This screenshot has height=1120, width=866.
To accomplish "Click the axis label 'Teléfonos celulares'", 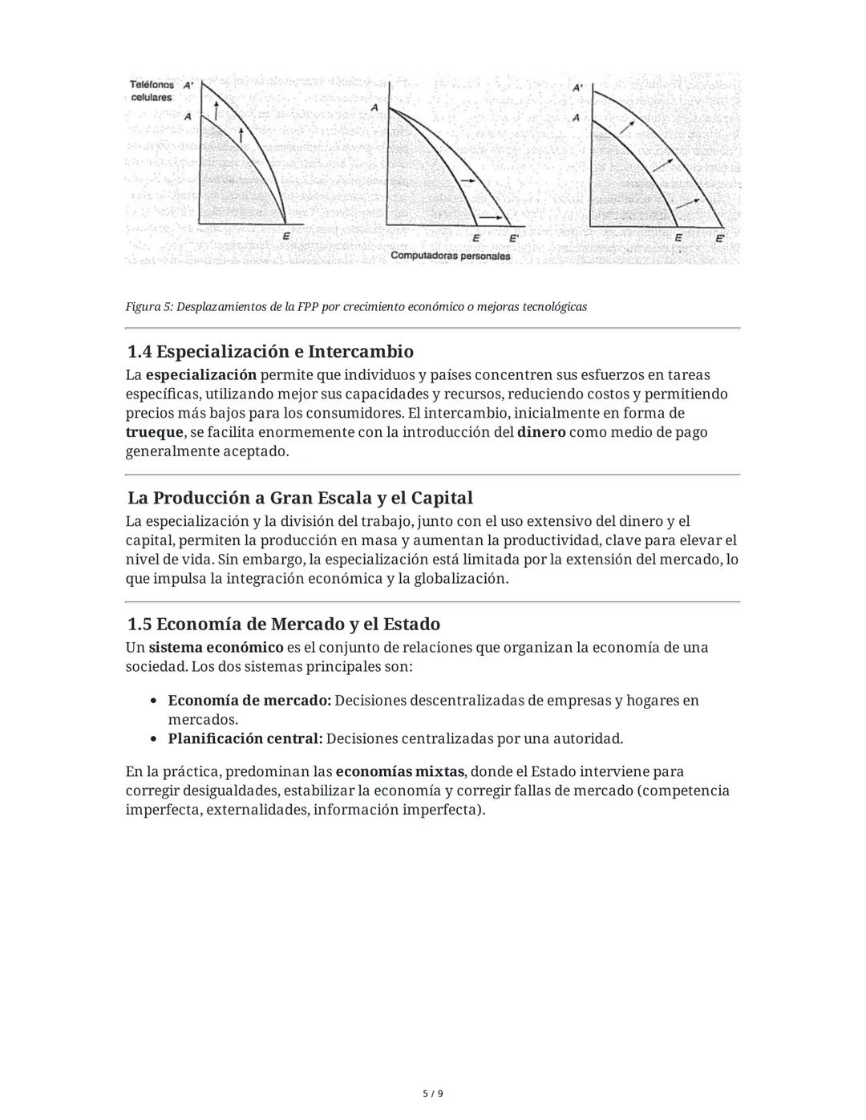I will [151, 91].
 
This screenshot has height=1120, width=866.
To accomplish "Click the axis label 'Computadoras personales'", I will [450, 257].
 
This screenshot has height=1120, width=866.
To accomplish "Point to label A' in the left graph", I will [188, 85].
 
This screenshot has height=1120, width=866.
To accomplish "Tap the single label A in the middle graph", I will [374, 107].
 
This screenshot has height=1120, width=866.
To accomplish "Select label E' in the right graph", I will [720, 238].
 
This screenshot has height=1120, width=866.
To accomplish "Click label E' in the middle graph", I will [514, 238].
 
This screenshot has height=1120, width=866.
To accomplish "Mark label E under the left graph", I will [286, 237].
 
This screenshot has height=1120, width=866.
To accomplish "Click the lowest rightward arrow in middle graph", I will [496, 217].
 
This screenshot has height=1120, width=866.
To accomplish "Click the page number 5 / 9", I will [433, 1094].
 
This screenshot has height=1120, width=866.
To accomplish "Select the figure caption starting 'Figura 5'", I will [356, 307].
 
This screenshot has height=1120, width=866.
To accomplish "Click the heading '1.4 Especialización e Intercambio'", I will [270, 351].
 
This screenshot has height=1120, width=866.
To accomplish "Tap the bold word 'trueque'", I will [154, 432].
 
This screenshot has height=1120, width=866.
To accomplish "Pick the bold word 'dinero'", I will [541, 432].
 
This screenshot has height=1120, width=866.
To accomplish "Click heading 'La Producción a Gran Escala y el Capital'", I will [300, 497].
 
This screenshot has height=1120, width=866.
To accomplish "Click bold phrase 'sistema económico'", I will [216, 647].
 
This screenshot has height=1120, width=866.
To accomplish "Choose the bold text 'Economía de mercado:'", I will [249, 701].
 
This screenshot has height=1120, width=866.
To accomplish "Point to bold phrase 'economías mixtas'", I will [399, 771].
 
